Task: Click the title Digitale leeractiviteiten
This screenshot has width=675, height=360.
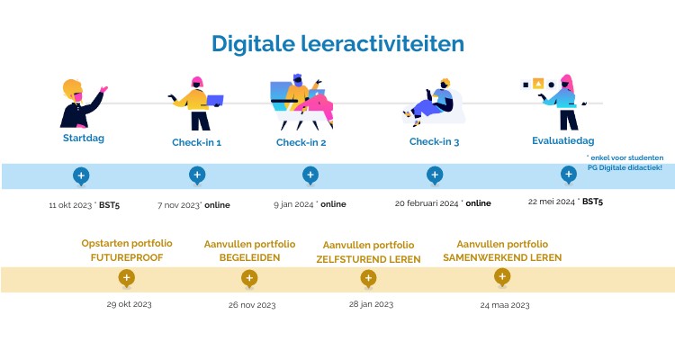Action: [x=337, y=42]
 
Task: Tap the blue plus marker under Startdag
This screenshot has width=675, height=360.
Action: [x=80, y=175]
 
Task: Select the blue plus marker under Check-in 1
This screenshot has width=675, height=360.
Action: [x=196, y=175]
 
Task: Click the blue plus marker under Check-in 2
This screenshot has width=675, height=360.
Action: [x=310, y=175]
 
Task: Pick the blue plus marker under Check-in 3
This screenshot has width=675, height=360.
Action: [x=435, y=175]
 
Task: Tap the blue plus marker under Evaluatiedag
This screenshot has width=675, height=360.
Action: [x=568, y=174]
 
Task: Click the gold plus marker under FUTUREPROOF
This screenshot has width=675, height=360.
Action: [x=127, y=278]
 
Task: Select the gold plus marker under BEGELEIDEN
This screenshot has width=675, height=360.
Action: [x=249, y=278]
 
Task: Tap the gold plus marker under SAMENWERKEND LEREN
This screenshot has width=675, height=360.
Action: [x=502, y=277]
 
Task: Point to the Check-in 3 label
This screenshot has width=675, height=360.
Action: [x=434, y=142]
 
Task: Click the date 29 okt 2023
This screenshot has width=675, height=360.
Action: [x=129, y=304]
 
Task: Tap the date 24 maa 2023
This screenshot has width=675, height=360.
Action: [x=504, y=305]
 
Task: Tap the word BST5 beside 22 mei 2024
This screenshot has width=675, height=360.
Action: [x=592, y=202]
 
